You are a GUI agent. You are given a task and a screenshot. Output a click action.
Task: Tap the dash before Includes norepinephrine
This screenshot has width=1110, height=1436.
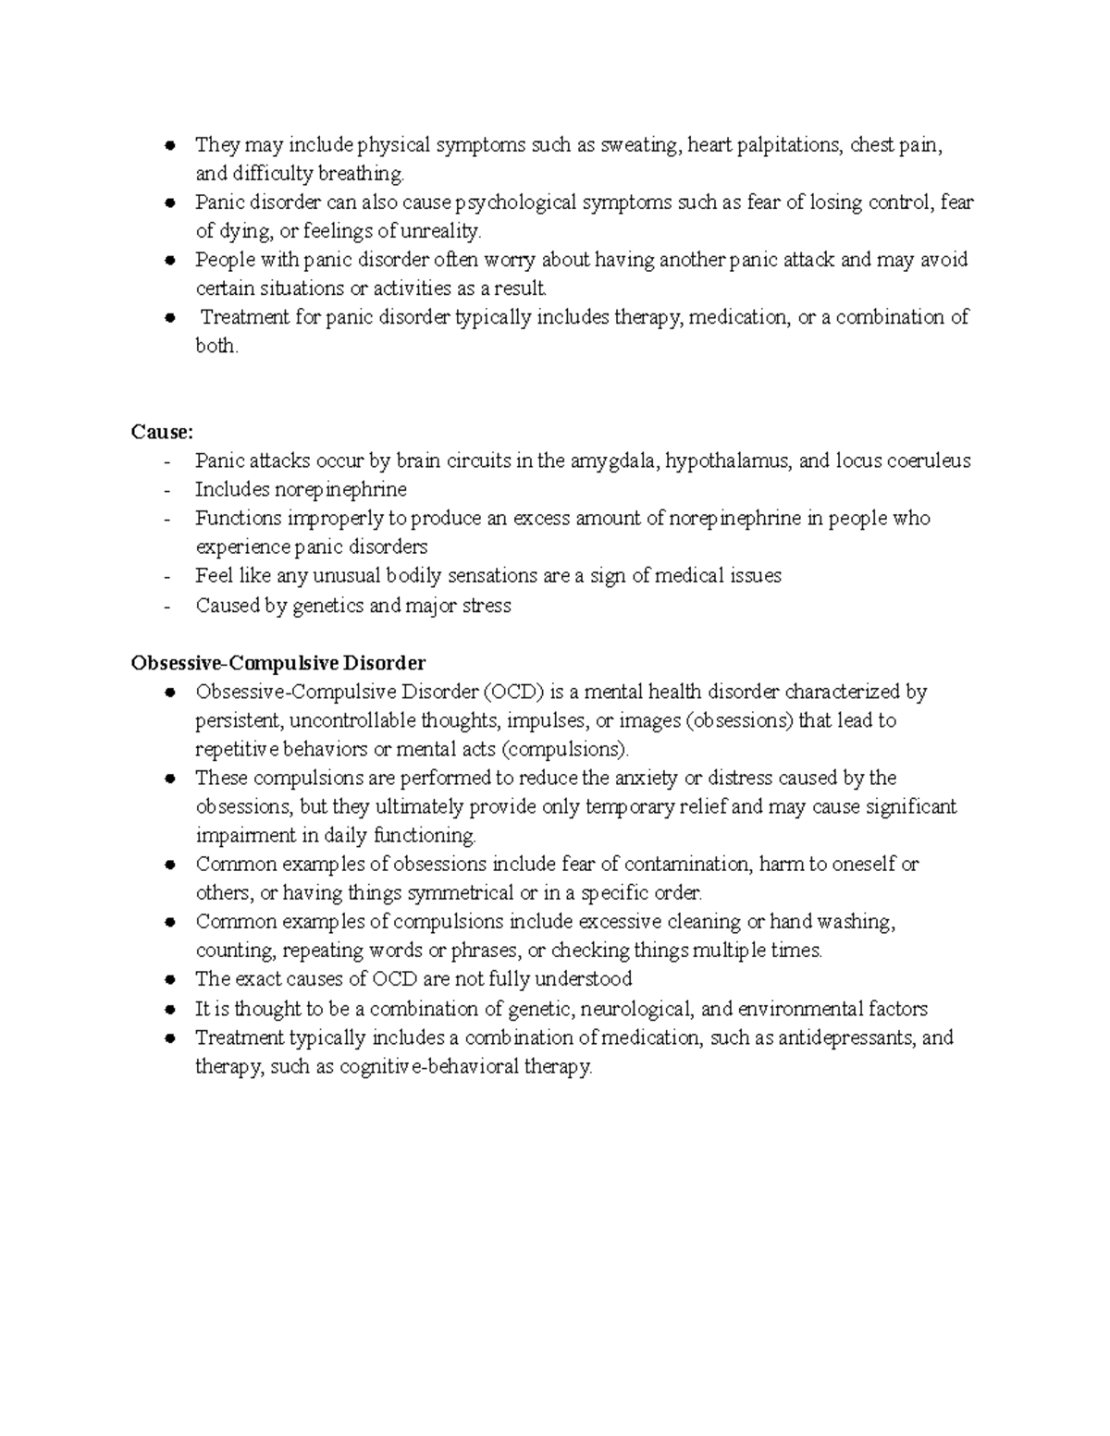click(166, 490)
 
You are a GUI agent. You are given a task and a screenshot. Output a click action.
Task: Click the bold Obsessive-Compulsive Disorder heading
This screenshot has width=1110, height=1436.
click(278, 663)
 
